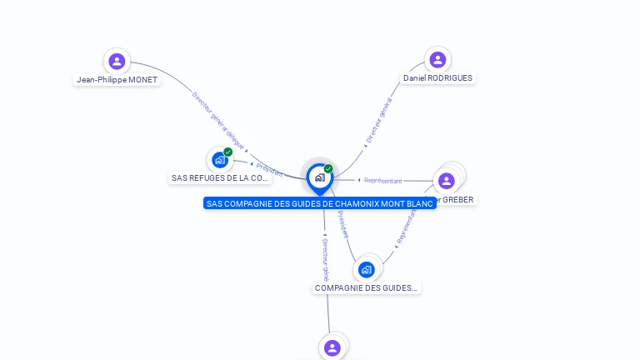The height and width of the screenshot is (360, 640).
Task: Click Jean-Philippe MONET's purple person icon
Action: [x=117, y=61]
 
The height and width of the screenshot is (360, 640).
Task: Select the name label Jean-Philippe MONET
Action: [x=117, y=80]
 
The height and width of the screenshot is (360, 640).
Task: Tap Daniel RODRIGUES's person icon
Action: [x=437, y=60]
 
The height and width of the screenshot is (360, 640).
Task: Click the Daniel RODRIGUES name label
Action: [x=437, y=78]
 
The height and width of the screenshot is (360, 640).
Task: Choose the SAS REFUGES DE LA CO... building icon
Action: [x=219, y=159]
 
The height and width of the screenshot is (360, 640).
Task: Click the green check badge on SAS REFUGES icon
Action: [x=227, y=152]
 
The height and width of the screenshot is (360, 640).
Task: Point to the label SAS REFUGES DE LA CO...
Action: [x=220, y=178]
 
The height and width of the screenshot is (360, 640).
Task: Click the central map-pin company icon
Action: [x=319, y=177]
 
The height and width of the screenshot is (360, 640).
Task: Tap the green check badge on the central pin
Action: [x=328, y=168]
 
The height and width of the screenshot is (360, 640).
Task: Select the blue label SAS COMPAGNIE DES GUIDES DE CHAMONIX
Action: [x=319, y=203]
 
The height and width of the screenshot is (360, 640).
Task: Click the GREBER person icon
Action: [x=446, y=180]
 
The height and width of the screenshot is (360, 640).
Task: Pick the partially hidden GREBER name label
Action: [x=455, y=200]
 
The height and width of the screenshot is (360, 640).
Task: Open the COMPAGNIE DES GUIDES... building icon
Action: [x=366, y=269]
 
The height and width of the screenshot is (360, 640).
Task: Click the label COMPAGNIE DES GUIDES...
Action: [x=366, y=288]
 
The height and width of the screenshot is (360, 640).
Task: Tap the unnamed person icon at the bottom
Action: [x=332, y=347]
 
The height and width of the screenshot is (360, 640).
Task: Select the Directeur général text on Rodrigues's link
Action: [x=378, y=122]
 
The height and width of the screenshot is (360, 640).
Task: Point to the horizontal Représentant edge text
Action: [x=382, y=180]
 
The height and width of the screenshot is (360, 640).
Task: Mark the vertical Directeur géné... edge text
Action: [x=326, y=257]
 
